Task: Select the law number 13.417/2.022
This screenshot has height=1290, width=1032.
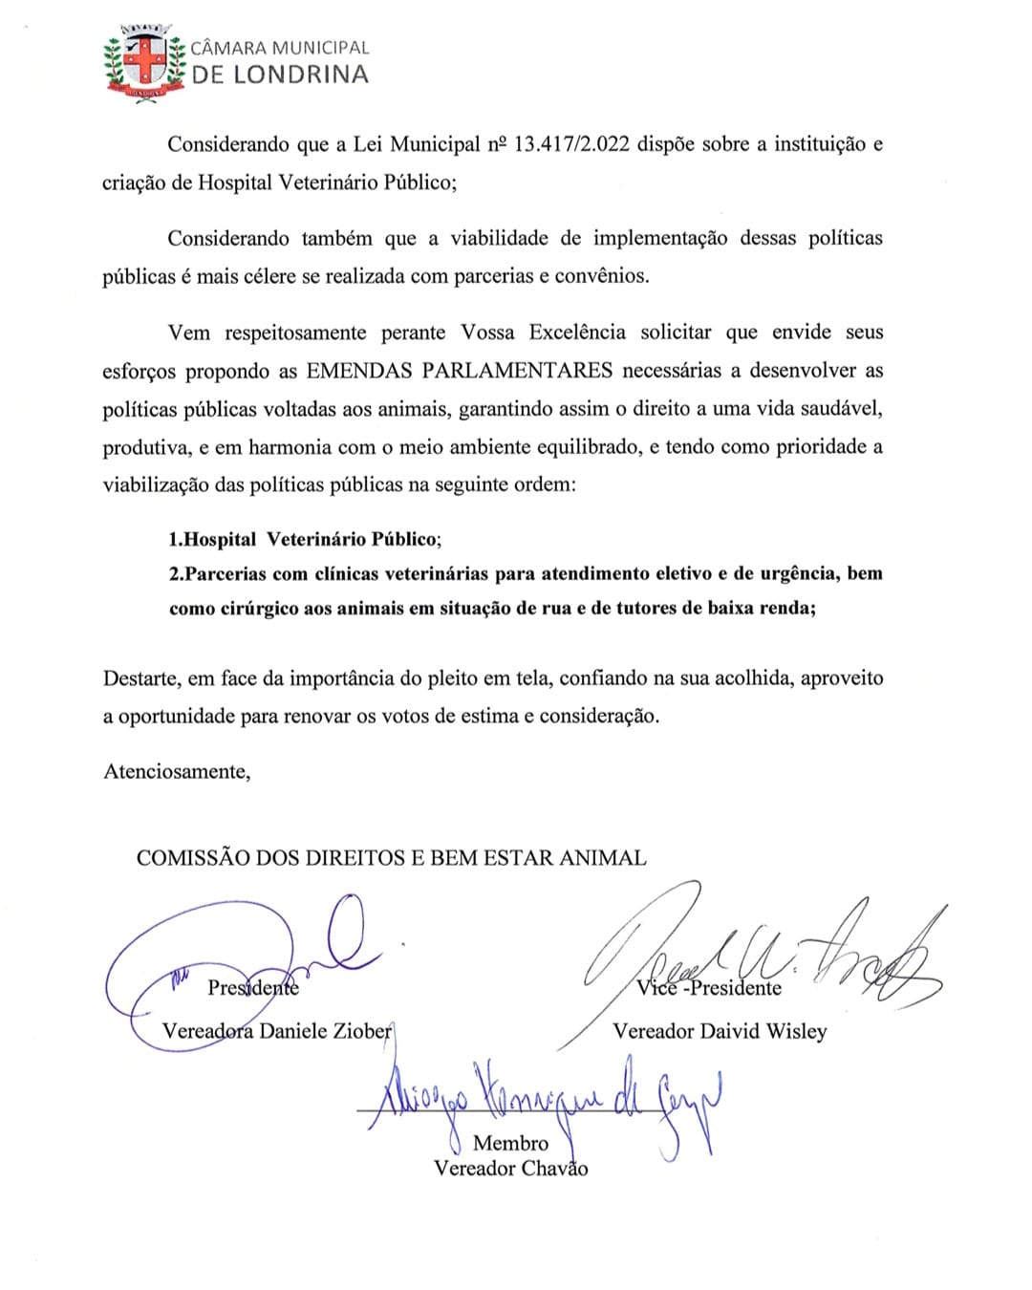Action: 571,144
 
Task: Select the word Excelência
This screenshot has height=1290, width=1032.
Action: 577,333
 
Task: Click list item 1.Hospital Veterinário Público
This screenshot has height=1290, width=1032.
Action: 305,539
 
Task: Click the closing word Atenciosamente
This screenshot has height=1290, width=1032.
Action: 177,772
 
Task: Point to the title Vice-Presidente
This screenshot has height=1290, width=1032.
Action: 709,988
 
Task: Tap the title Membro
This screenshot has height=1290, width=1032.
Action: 510,1143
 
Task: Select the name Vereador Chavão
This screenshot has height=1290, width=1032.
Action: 510,1168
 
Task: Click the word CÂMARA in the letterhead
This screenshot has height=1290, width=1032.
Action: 228,48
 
